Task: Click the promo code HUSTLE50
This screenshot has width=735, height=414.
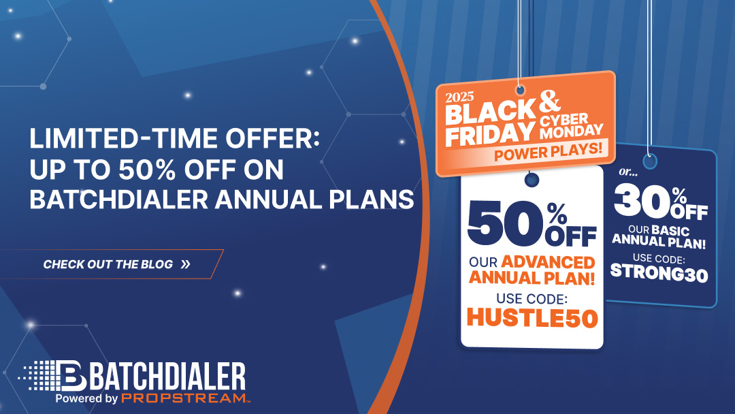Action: click(x=532, y=318)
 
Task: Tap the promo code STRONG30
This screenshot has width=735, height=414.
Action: click(x=659, y=272)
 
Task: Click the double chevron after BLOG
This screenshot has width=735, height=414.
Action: click(x=185, y=264)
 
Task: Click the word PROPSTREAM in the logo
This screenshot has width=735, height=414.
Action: click(x=182, y=398)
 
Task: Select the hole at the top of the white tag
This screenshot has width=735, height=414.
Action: click(x=532, y=179)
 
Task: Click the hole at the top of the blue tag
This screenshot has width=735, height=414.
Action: click(x=650, y=162)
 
